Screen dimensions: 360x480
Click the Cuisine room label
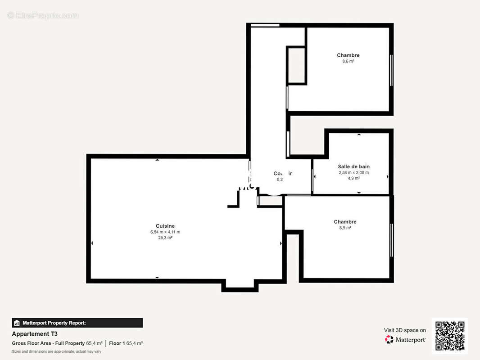(165, 226)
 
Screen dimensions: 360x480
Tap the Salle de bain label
(353, 166)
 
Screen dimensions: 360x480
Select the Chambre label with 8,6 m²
(348, 55)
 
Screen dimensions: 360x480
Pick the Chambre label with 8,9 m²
(345, 222)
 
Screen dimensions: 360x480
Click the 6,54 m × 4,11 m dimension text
(165, 232)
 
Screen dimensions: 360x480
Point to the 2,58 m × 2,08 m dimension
(353, 172)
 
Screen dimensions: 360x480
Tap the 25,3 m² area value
(165, 238)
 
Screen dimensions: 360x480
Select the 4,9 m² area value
(353, 178)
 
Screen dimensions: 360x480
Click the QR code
(450, 336)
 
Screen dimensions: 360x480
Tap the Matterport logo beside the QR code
(405, 340)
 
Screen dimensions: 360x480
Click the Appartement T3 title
(35, 334)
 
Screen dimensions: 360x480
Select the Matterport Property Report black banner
(77, 323)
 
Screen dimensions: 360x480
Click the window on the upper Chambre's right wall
(391, 70)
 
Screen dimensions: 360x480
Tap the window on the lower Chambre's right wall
(391, 240)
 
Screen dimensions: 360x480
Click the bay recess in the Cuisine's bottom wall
(240, 284)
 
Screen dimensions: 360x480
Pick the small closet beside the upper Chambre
(296, 65)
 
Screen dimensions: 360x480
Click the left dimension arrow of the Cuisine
(92, 243)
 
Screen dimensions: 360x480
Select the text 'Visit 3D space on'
(405, 330)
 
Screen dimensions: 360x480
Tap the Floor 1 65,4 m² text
(126, 343)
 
